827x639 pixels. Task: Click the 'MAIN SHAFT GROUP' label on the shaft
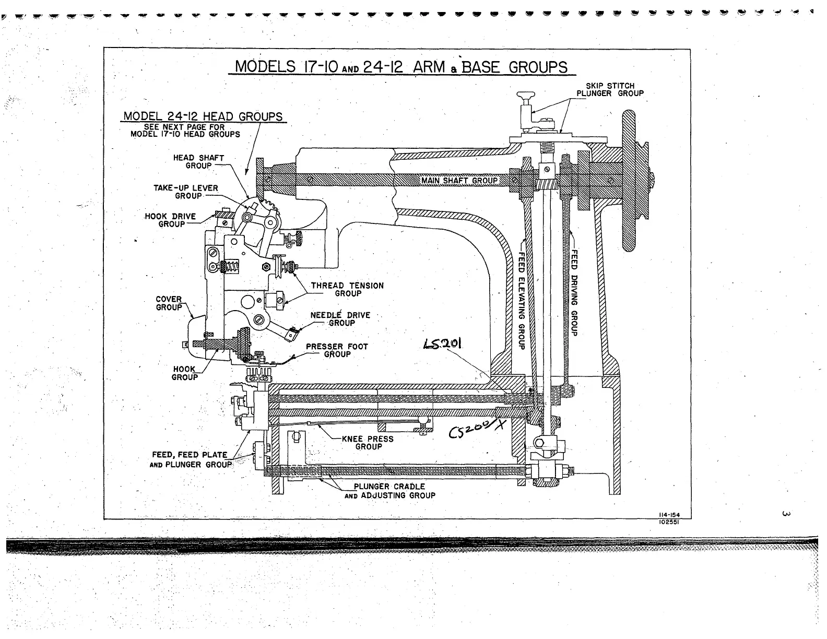[459, 181]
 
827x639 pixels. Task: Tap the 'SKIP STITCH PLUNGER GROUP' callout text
[610, 90]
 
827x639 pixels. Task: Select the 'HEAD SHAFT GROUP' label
[198, 162]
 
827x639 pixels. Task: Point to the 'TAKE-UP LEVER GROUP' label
[185, 192]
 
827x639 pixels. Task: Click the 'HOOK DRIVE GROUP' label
[170, 220]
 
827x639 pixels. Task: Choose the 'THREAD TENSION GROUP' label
[347, 290]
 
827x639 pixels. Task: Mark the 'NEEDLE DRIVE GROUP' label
[340, 319]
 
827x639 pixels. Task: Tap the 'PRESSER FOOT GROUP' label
[337, 350]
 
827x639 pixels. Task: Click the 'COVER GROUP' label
[169, 303]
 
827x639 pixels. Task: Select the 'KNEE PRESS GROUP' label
[368, 443]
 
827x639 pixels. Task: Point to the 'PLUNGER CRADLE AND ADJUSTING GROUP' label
[389, 491]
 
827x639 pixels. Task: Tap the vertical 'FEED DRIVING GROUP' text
[574, 291]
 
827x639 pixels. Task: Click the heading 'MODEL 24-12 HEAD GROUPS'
[203, 116]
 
